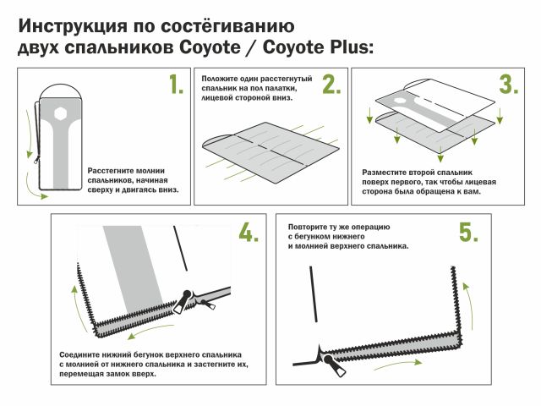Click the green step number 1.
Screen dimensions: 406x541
[175, 85]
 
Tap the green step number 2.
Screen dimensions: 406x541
[330, 85]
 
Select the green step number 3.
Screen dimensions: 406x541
[508, 85]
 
